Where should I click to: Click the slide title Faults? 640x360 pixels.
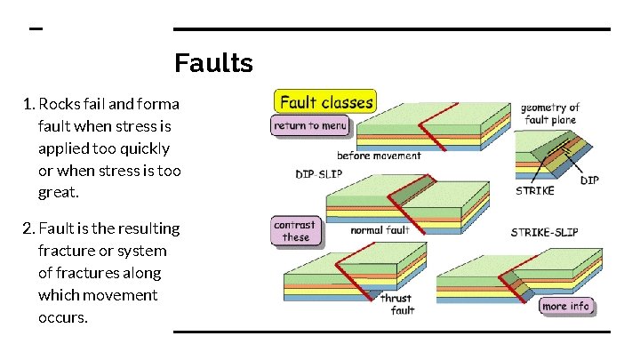click(213, 64)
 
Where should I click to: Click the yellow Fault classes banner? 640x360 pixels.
click(325, 101)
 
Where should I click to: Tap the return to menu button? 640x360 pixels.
click(310, 126)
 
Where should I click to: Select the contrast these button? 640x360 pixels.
click(296, 231)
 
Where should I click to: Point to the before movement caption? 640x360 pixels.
click(380, 156)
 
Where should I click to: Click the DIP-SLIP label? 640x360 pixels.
click(317, 174)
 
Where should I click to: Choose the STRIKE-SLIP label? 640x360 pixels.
click(544, 232)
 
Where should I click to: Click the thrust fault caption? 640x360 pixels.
click(397, 304)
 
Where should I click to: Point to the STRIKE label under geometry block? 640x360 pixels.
click(535, 190)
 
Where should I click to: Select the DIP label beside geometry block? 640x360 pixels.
click(590, 180)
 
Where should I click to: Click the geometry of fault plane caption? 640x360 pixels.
click(549, 113)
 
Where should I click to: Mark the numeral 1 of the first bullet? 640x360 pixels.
click(28, 104)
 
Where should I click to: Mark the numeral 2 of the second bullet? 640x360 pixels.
click(29, 228)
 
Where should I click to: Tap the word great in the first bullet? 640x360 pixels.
click(58, 192)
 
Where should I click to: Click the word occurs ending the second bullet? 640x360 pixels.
click(62, 317)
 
